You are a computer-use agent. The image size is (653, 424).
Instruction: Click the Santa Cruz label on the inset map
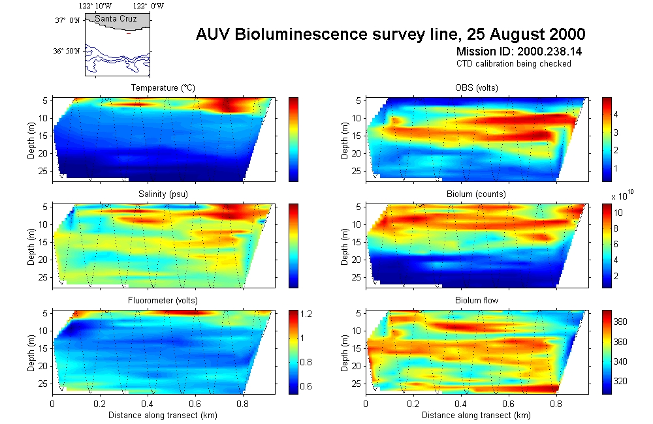(116, 19)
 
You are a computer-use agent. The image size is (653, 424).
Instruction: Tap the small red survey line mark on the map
(129, 34)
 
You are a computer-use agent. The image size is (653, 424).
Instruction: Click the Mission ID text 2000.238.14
(549, 52)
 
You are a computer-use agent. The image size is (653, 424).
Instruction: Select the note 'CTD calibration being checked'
(513, 64)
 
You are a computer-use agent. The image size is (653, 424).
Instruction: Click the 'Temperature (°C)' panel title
(163, 88)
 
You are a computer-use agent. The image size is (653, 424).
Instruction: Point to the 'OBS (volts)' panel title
(477, 88)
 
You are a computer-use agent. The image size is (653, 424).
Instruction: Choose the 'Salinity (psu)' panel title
(163, 194)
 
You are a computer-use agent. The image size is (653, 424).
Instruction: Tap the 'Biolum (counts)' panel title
(477, 194)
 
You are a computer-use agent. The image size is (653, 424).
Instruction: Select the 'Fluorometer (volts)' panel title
(163, 301)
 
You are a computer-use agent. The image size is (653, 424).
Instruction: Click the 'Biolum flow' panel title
(477, 301)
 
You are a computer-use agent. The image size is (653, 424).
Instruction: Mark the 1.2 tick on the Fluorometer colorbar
(306, 314)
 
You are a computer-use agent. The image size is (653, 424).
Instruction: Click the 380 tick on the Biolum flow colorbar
(620, 322)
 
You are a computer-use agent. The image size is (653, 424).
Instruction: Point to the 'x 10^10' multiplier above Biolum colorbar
(622, 195)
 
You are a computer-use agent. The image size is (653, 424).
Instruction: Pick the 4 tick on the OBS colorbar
(616, 115)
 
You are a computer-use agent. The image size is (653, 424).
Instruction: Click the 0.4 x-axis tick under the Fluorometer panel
(147, 404)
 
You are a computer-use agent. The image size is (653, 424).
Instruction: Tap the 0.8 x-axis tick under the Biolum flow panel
(556, 404)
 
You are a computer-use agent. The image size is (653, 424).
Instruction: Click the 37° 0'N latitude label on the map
(67, 20)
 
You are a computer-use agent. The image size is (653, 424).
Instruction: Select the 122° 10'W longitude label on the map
(95, 6)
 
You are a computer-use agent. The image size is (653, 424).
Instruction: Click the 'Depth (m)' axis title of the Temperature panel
(31, 140)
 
